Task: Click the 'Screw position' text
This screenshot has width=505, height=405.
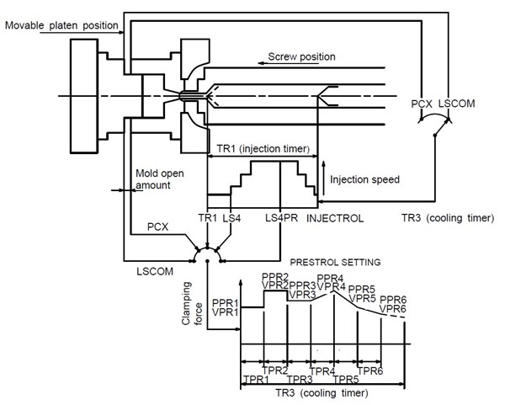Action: point(302,56)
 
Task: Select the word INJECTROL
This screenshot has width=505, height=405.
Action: point(335,218)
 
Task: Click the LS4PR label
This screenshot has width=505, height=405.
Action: point(279,218)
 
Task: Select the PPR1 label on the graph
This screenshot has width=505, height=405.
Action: point(226,301)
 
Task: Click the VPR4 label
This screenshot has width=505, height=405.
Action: point(331,287)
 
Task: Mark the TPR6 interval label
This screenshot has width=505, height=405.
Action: point(371,370)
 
